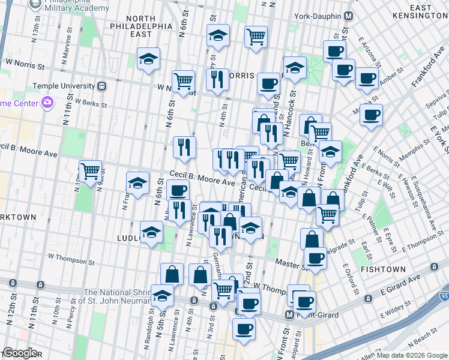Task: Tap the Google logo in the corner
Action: coord(19,353)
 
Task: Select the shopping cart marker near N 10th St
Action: coord(90,172)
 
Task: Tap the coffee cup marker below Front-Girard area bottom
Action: coord(244,328)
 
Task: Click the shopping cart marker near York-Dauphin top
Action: coord(256,36)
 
